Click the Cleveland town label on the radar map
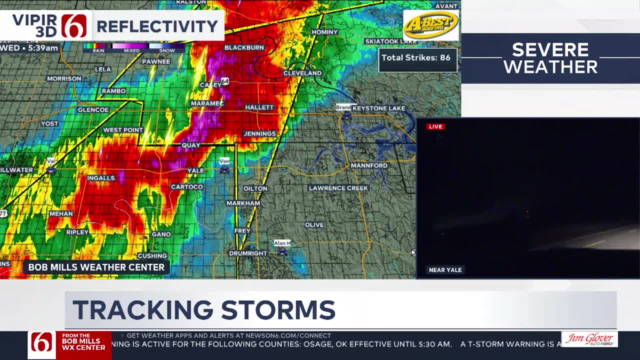click(302, 73)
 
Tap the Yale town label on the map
click(195, 170)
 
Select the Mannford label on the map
click(369, 165)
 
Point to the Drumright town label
click(248, 253)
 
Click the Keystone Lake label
click(378, 108)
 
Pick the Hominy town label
click(324, 32)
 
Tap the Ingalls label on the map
click(101, 178)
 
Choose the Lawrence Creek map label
click(338, 188)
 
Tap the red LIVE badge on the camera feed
click(435, 126)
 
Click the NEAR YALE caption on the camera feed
click(445, 270)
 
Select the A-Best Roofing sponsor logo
click(430, 24)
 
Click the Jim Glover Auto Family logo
click(589, 339)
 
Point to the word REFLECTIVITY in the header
click(157, 26)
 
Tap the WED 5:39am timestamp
click(30, 48)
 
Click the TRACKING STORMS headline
click(204, 310)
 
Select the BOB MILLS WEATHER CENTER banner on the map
click(96, 267)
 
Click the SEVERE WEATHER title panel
click(550, 58)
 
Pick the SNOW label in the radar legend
click(167, 50)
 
